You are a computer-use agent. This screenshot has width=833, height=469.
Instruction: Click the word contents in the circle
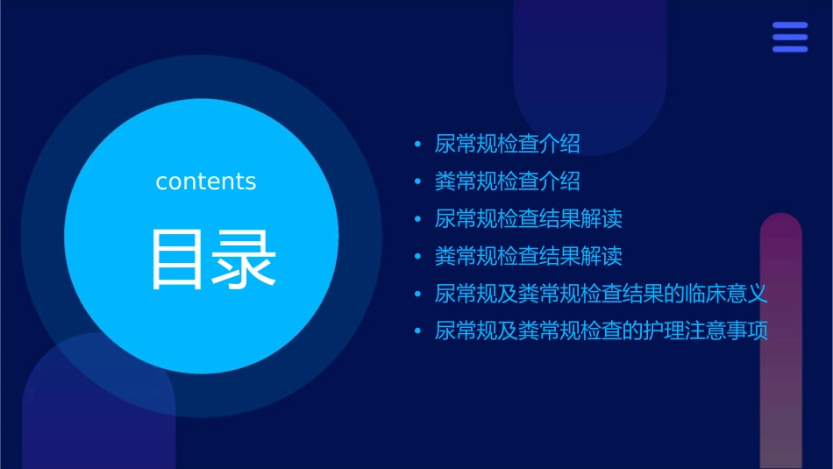coord(206,181)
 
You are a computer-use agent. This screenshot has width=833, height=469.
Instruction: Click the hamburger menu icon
coord(790,38)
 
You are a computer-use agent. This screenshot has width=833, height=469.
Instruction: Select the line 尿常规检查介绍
coord(507,144)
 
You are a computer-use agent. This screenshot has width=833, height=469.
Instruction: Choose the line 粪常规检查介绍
coord(507,181)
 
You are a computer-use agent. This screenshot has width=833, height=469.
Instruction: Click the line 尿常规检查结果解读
coord(528,218)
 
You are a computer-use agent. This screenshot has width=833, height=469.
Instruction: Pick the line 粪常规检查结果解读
coord(528,256)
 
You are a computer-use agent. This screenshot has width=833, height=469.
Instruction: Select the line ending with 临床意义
coord(601,294)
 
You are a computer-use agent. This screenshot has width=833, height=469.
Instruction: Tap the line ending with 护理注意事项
coord(601,331)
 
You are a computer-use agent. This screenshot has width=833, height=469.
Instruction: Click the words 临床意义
coord(726,294)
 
